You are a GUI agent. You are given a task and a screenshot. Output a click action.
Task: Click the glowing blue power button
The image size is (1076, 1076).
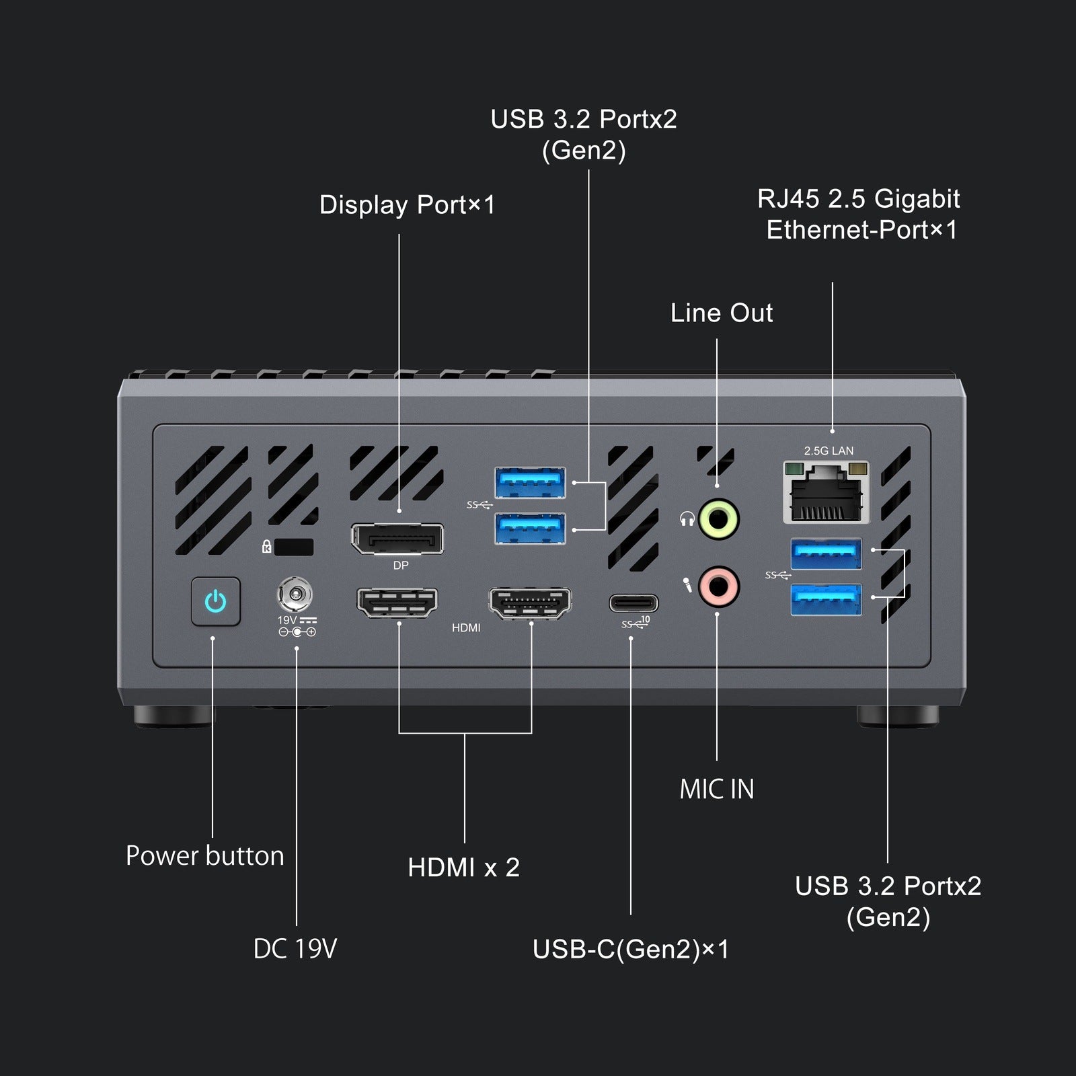pos(215,601)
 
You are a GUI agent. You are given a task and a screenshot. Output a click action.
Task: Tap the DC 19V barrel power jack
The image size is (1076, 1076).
pos(295,594)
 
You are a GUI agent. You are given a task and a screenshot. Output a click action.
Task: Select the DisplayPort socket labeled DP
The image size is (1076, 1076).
pos(397,539)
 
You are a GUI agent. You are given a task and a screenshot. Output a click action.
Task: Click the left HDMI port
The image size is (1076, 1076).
pos(397,602)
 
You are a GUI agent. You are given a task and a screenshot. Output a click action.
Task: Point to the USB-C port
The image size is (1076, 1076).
pos(633,603)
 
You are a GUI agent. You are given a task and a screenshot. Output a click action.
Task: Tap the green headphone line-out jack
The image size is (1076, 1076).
pos(719,519)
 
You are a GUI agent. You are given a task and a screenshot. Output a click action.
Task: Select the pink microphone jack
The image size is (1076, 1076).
pos(719,586)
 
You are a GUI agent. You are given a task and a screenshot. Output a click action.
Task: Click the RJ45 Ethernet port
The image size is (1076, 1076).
pos(826,494)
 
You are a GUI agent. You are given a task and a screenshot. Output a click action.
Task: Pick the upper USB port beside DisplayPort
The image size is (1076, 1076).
pos(530,482)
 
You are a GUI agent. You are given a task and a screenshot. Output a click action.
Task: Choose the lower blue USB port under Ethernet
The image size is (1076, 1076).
pos(826,599)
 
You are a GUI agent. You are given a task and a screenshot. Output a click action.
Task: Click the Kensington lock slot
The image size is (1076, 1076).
pos(294,547)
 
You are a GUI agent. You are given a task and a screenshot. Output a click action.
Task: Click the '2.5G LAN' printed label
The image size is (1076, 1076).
pos(829,451)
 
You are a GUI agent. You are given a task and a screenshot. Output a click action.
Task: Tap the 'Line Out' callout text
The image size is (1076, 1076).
pos(722,313)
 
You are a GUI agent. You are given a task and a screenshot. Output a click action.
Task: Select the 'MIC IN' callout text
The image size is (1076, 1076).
pos(717,790)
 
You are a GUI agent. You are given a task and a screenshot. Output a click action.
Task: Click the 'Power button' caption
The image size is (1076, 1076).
pos(205,856)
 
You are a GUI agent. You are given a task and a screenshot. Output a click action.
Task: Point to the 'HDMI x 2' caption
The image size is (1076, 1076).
pos(463,868)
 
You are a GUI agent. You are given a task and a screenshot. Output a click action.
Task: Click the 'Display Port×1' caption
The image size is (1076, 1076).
pos(407,205)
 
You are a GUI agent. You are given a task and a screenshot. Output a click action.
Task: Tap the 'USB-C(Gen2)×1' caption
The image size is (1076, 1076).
pos(630,950)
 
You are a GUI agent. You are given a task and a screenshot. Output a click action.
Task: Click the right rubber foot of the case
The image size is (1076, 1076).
pos(898,715)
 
